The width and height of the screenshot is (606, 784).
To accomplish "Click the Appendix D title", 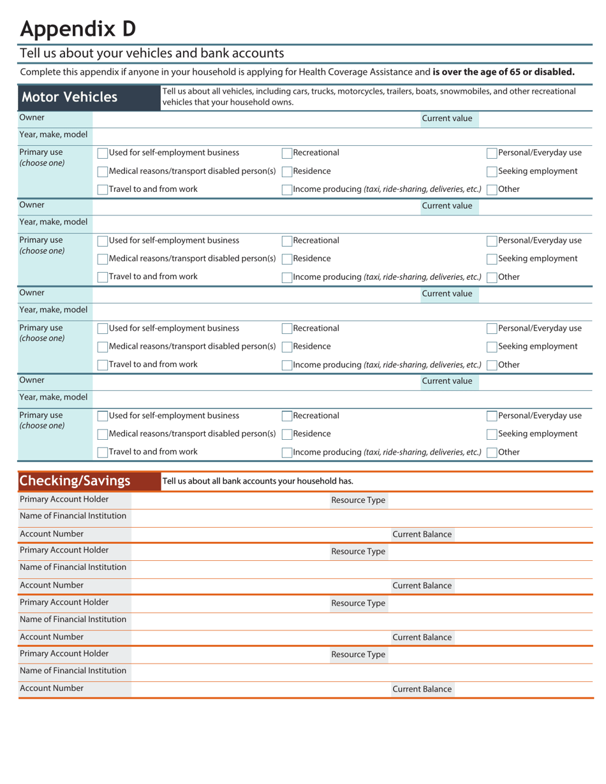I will click(x=77, y=29).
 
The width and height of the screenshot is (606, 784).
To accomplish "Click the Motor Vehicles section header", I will click(x=70, y=98).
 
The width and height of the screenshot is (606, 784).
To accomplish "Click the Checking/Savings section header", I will click(x=75, y=481).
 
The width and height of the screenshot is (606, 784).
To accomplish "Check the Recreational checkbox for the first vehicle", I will click(x=287, y=153).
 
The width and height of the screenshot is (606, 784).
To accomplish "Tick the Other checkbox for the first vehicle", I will click(x=492, y=189).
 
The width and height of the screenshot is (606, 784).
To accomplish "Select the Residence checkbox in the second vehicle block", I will click(x=287, y=259).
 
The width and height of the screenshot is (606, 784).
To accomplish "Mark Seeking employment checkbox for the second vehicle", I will click(x=492, y=259).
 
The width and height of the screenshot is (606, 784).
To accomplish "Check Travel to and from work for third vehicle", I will click(x=102, y=365).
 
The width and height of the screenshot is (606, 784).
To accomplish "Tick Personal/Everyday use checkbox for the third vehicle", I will click(x=492, y=329).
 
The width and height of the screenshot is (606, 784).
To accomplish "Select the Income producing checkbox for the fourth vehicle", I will click(x=287, y=453).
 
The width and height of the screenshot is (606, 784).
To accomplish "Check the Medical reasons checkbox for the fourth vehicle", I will click(x=102, y=434).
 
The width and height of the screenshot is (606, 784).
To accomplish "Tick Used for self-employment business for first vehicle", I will click(x=102, y=153).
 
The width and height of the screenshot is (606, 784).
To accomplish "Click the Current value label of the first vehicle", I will click(x=447, y=119).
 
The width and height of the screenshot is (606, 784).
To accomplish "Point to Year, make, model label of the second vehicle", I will click(x=54, y=222).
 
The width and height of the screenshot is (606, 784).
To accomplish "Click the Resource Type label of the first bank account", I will click(x=358, y=500).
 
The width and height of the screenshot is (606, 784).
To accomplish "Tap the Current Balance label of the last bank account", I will click(x=422, y=689).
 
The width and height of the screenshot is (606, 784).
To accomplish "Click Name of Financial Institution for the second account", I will click(x=73, y=567).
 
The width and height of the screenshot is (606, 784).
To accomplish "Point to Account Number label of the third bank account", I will click(x=52, y=637).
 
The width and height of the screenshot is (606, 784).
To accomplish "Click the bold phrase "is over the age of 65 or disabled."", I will click(x=503, y=72).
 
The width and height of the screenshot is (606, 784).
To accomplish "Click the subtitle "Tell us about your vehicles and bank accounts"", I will click(x=152, y=53).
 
